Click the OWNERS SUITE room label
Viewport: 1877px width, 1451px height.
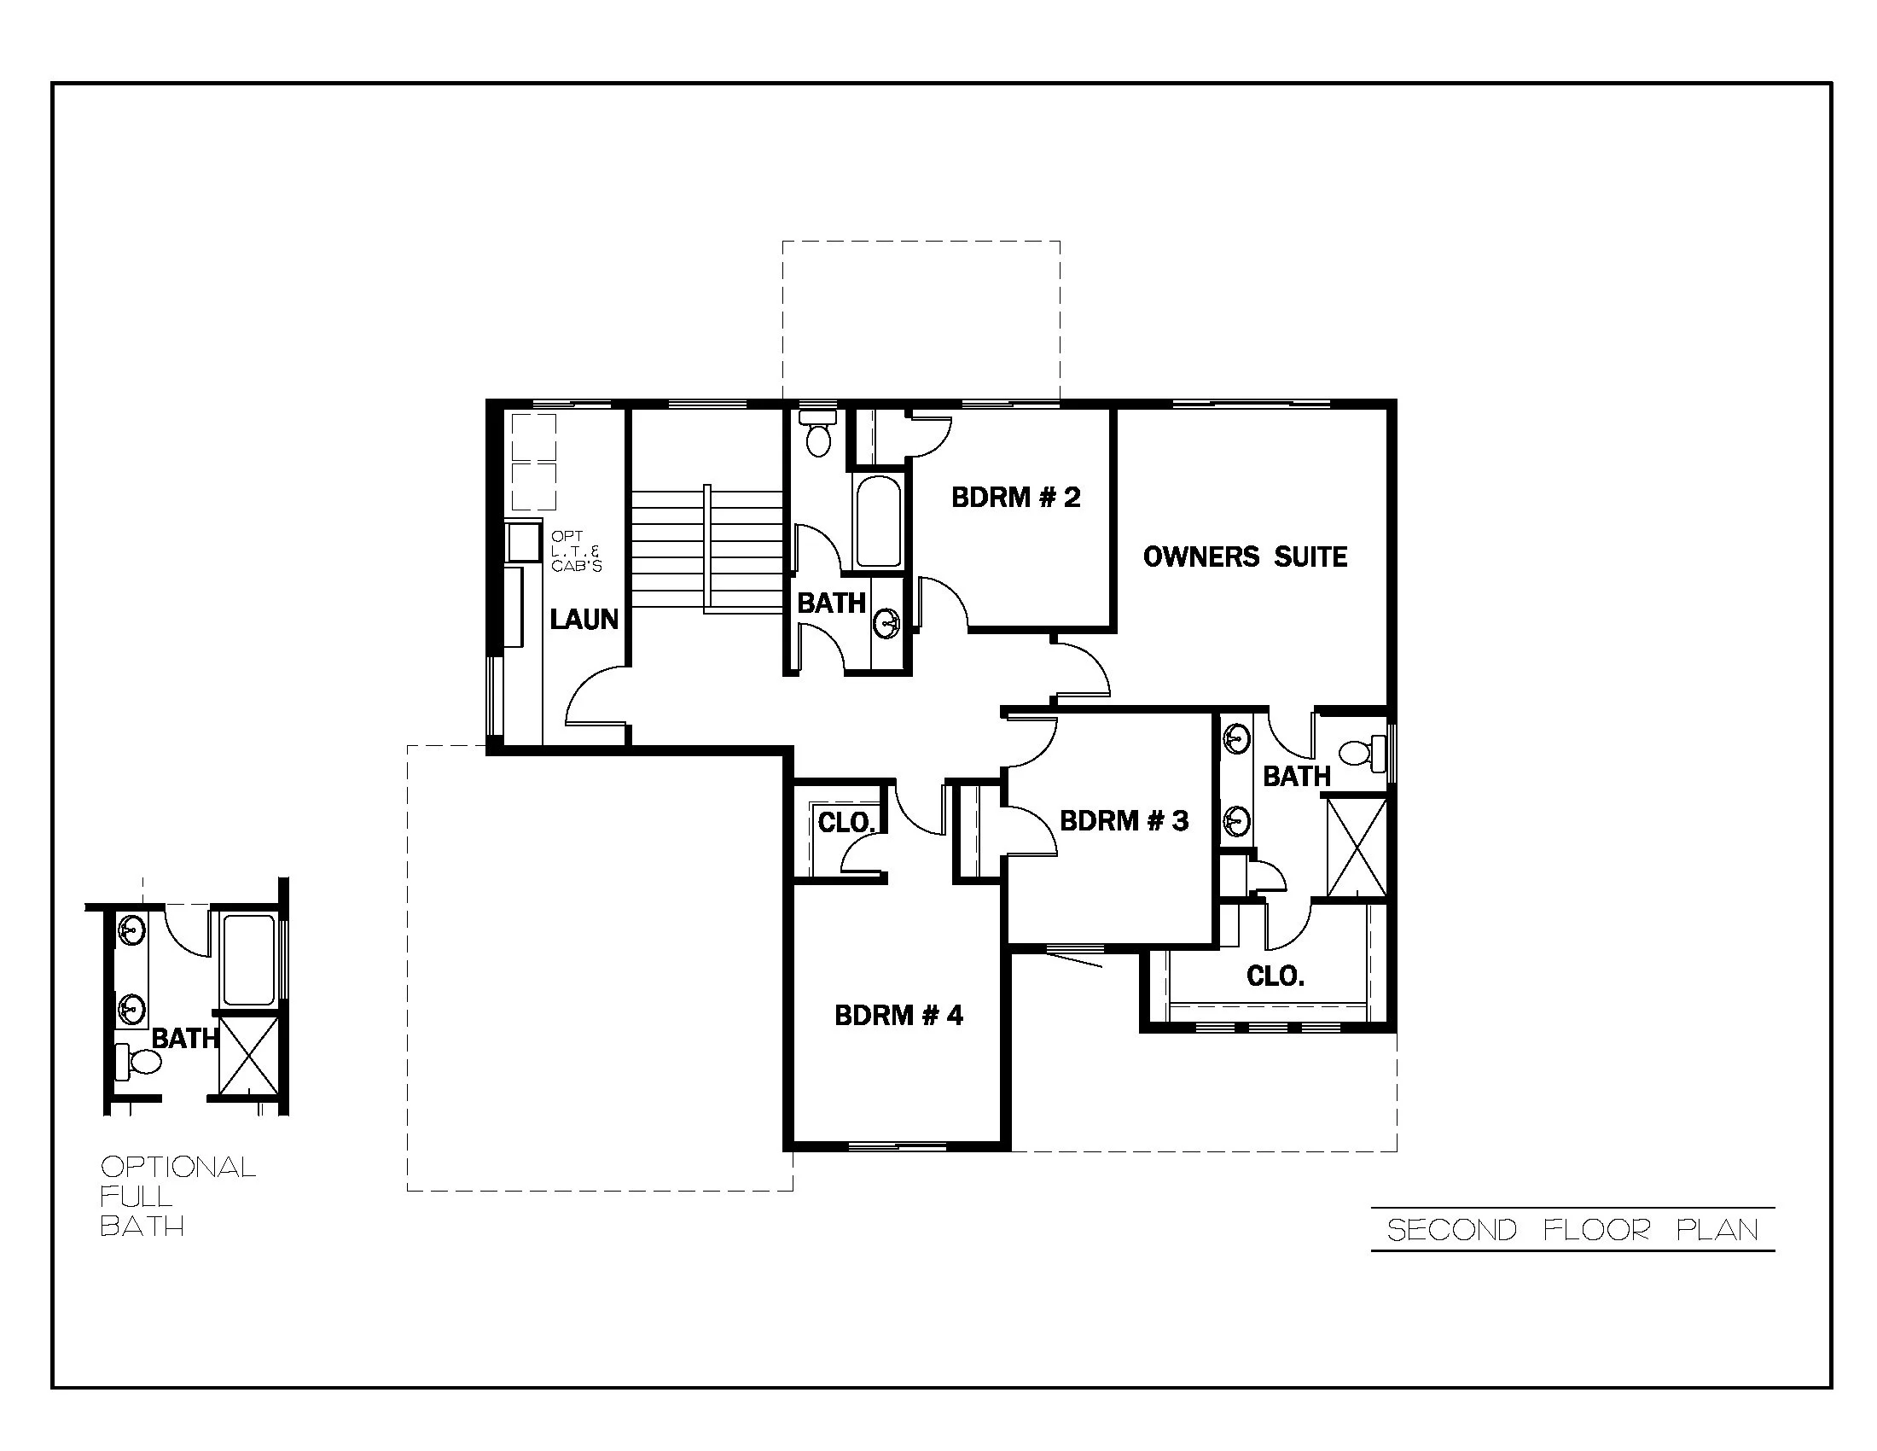1245,557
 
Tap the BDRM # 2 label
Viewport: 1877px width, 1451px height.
1015,497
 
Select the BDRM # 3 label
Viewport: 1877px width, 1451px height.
1124,820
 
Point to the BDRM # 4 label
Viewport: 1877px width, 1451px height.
898,1015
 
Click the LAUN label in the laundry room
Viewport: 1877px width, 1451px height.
584,619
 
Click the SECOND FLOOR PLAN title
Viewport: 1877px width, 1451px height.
1572,1230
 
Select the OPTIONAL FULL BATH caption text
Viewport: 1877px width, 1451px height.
177,1196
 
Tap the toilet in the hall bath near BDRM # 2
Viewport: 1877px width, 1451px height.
817,435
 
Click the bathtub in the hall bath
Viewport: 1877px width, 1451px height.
877,522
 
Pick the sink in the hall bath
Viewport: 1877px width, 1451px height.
888,621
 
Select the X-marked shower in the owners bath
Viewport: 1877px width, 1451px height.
1357,848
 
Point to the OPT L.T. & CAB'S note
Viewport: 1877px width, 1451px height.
575,551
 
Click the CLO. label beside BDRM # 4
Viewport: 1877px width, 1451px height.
846,823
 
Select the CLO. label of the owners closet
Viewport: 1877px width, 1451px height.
1275,976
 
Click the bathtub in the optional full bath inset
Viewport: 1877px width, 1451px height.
248,960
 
